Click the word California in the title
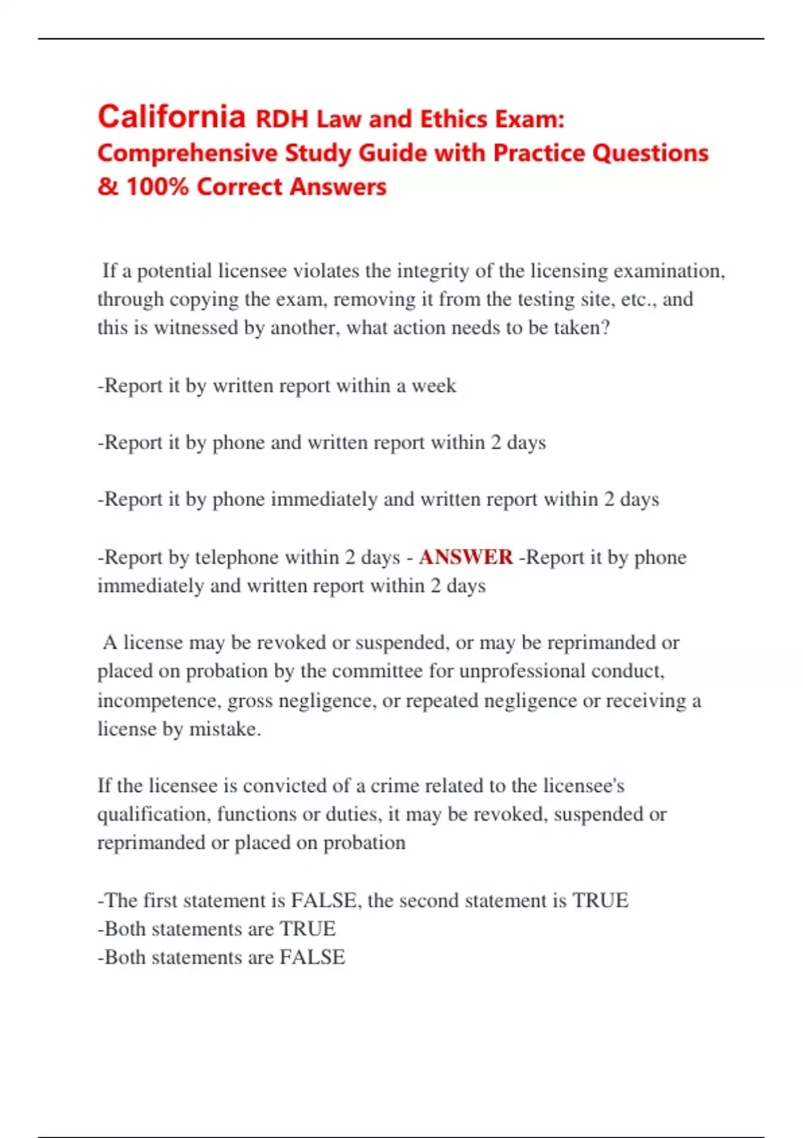coord(172,117)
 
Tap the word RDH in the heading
coord(282,120)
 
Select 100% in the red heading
coord(157,187)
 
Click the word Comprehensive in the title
coord(187,153)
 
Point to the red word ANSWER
coord(466,557)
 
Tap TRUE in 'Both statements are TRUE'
coord(307,929)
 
